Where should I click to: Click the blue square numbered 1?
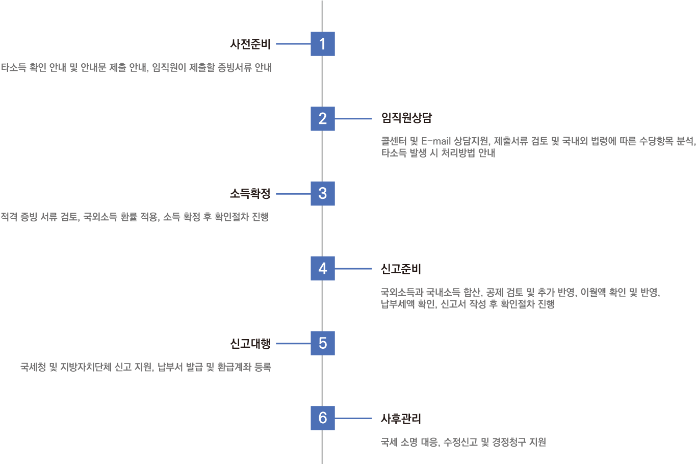pyautogui.click(x=323, y=44)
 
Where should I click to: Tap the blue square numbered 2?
pyautogui.click(x=323, y=119)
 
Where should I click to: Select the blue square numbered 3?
pyautogui.click(x=323, y=194)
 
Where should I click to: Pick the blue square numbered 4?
pyautogui.click(x=323, y=268)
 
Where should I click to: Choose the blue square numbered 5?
pyautogui.click(x=323, y=343)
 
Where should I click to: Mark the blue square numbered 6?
pyautogui.click(x=323, y=418)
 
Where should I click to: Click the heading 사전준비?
pyautogui.click(x=250, y=44)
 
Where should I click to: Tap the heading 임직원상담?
pyautogui.click(x=406, y=118)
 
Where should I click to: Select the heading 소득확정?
pyautogui.click(x=250, y=194)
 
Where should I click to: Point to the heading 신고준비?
pyautogui.click(x=401, y=269)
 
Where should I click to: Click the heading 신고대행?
pyautogui.click(x=250, y=344)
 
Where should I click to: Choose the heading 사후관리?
pyautogui.click(x=401, y=419)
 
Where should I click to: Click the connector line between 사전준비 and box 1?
pyautogui.click(x=293, y=44)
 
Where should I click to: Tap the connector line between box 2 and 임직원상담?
pyautogui.click(x=353, y=119)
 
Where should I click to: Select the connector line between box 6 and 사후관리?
pyautogui.click(x=353, y=419)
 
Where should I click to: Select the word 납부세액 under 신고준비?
pyautogui.click(x=397, y=304)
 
